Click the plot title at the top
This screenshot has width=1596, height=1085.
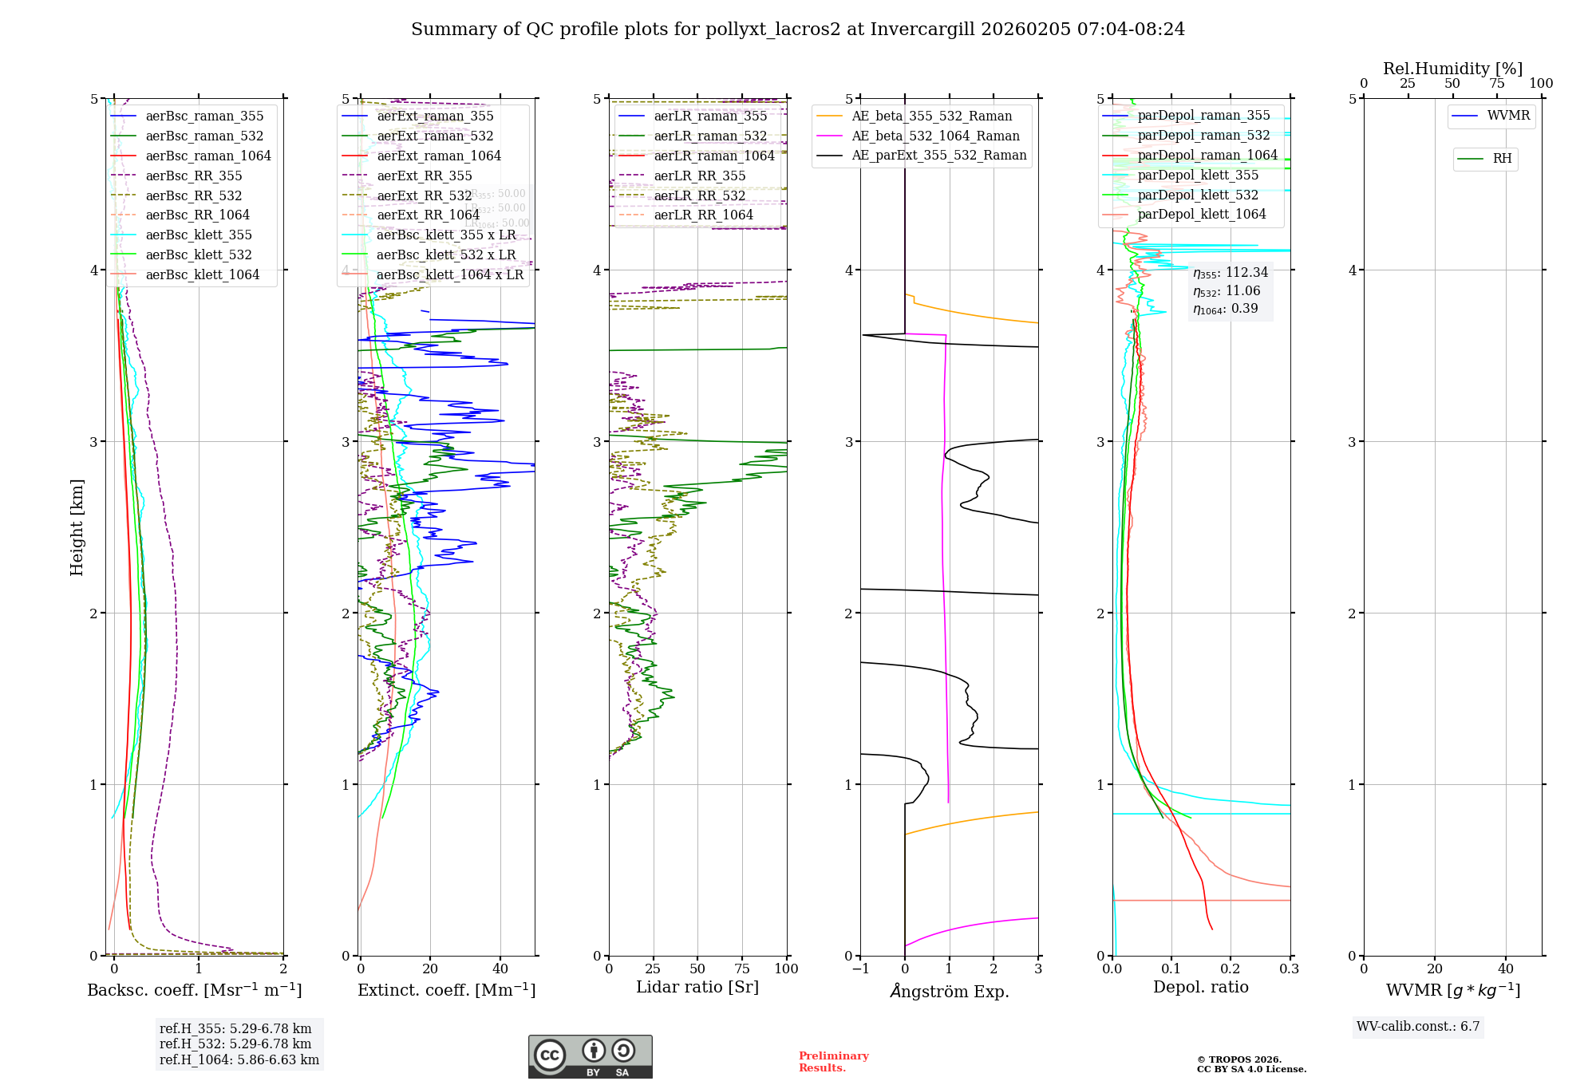point(797,30)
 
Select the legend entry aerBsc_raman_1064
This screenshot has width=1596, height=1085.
point(207,156)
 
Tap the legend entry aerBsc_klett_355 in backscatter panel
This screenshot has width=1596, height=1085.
point(198,235)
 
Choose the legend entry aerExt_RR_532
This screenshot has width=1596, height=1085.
point(424,195)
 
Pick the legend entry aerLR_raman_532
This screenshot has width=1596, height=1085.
point(709,136)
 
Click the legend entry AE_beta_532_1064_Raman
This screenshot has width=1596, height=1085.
point(934,136)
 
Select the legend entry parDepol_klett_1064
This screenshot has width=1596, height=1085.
point(1201,214)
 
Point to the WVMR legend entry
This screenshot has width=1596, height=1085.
point(1507,116)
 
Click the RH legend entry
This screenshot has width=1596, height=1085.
point(1501,159)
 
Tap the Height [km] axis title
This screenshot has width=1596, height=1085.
point(77,527)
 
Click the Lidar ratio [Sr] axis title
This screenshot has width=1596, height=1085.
point(697,987)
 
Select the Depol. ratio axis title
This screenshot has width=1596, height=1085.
point(1200,987)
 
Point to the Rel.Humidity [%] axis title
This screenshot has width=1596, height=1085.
point(1452,69)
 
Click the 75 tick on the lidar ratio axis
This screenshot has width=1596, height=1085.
point(742,969)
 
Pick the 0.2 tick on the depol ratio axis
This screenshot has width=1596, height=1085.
point(1231,969)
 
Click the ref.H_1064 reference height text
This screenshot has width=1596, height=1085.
point(239,1059)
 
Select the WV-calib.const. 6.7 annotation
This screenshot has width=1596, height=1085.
point(1417,1026)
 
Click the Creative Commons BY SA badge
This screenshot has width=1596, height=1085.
point(590,1056)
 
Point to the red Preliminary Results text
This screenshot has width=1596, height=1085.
point(833,1061)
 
